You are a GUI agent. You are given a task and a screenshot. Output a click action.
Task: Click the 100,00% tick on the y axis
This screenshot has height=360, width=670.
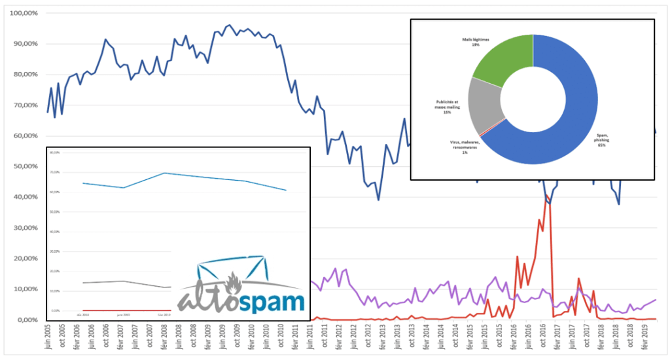[22, 13]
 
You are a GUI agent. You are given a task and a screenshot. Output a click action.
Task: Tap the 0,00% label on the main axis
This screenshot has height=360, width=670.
[25, 319]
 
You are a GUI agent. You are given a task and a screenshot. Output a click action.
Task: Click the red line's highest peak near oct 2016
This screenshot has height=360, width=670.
[546, 195]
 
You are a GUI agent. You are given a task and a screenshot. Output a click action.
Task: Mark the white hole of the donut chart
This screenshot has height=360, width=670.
[533, 99]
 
